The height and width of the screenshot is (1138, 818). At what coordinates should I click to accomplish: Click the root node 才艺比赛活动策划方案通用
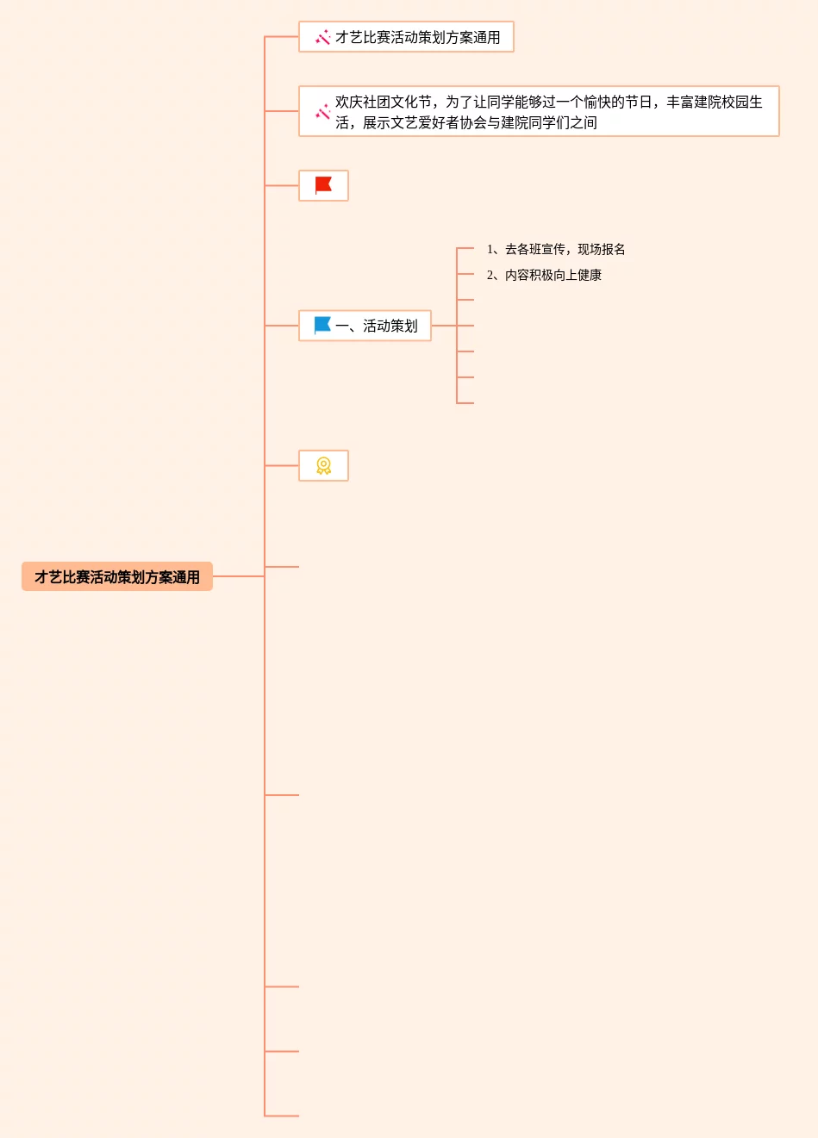pos(117,577)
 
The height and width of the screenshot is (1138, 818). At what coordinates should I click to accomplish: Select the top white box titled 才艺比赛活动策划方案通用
pos(406,37)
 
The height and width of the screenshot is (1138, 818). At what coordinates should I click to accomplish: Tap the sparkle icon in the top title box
pos(323,37)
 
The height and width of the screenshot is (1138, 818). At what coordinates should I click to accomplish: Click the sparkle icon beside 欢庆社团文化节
pos(323,112)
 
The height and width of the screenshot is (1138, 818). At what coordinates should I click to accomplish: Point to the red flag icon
pos(323,185)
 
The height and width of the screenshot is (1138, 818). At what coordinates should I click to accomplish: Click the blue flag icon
pos(322,325)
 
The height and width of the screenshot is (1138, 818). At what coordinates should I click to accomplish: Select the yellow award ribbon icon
pos(323,465)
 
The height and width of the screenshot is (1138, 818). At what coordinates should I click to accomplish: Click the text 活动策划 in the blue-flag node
pos(390,326)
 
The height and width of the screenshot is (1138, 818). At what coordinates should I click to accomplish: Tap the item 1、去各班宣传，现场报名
pos(556,249)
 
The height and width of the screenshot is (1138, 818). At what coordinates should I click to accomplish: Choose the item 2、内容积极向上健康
pos(544,275)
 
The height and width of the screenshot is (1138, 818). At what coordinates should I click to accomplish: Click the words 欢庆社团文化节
pos(383,102)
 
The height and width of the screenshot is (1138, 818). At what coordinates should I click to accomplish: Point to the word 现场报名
pos(602,249)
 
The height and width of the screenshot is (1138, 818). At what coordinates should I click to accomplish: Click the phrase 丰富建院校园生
pos(715,102)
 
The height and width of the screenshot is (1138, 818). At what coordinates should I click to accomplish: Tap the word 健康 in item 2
pos(590,275)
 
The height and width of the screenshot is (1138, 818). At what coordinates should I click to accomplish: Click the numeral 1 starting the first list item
pos(490,249)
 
